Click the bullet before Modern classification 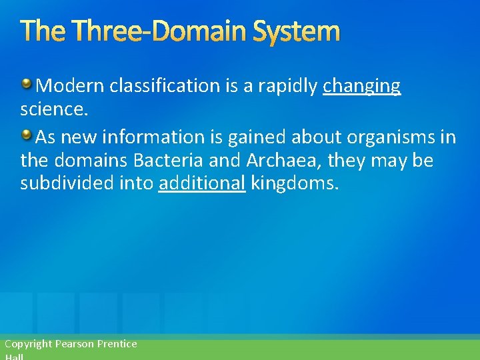click(x=27, y=85)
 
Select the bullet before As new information click(x=27, y=136)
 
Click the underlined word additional click(x=202, y=183)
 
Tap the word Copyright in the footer click(x=28, y=344)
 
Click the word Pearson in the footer click(x=74, y=344)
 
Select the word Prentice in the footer click(x=117, y=344)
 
